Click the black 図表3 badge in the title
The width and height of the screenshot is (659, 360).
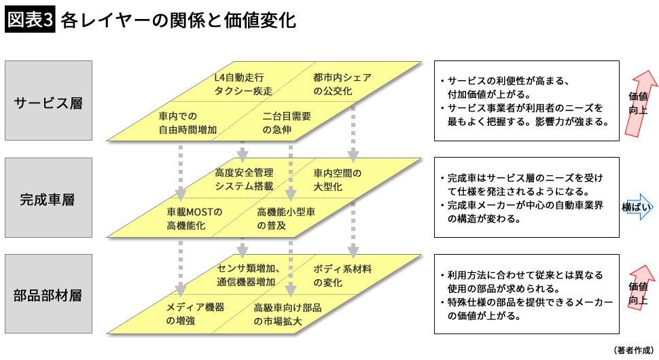click(x=29, y=20)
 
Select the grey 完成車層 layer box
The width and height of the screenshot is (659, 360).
click(x=48, y=198)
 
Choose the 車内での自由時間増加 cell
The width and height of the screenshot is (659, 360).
click(x=188, y=122)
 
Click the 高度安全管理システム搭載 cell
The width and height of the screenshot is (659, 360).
click(x=244, y=179)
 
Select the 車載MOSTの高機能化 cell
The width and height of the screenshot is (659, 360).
click(x=195, y=219)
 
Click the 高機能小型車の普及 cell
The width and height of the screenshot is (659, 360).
click(x=286, y=219)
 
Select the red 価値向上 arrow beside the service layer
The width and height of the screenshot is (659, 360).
click(x=639, y=102)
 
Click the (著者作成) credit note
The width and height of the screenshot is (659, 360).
click(x=633, y=350)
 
